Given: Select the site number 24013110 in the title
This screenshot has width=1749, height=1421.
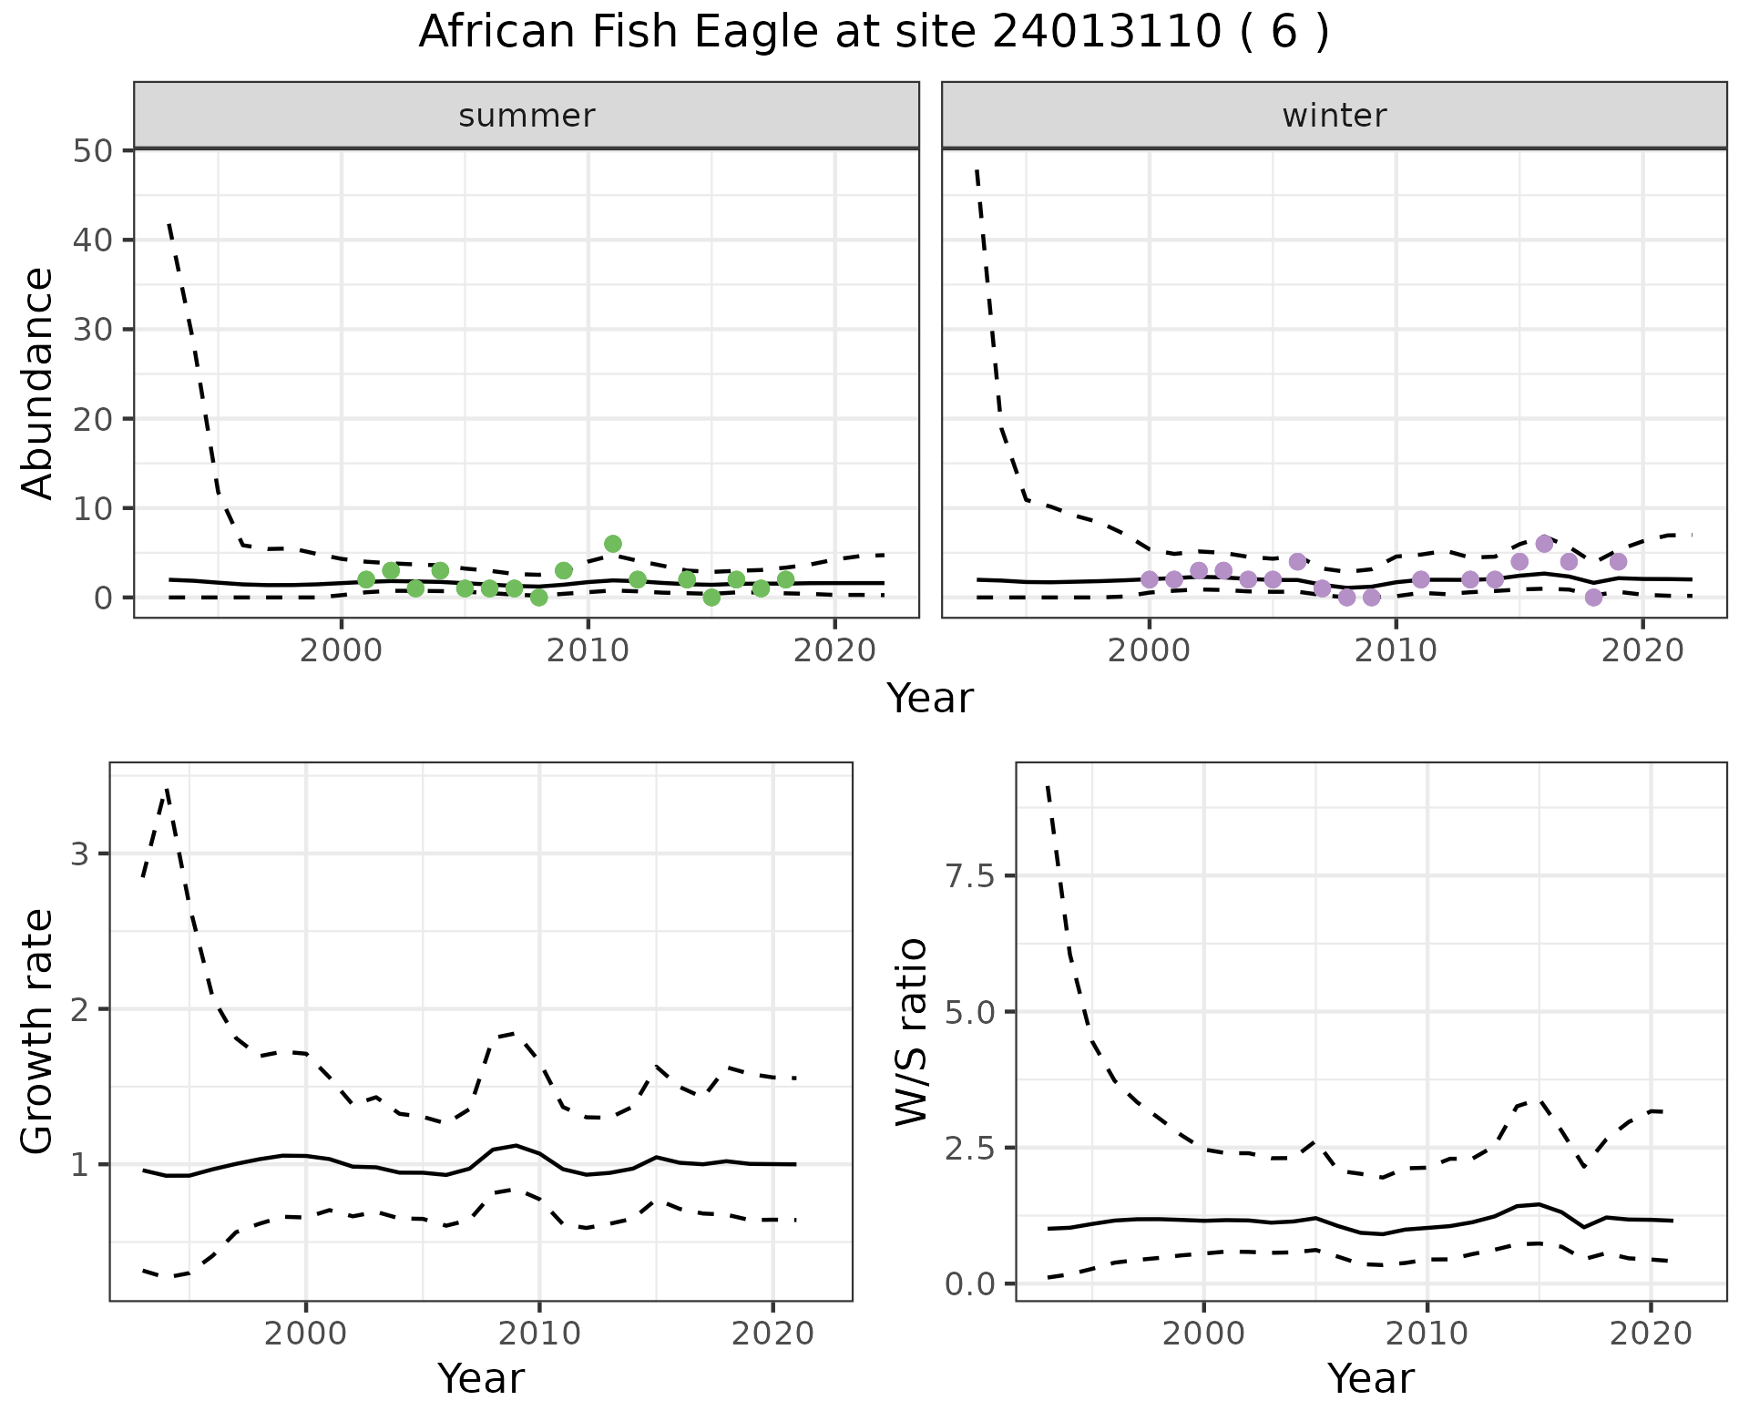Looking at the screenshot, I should (x=1105, y=33).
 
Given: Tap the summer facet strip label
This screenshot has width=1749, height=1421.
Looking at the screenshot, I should (x=527, y=116).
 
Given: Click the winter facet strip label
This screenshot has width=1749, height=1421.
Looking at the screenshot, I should (x=1334, y=116).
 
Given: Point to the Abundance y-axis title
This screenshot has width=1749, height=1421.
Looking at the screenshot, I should (x=38, y=383).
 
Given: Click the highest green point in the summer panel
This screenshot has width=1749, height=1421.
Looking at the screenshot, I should (x=613, y=544).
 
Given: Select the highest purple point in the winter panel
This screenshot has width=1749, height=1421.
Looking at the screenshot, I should (x=1544, y=544).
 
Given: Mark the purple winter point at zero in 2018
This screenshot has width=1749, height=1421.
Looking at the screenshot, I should (x=1593, y=598).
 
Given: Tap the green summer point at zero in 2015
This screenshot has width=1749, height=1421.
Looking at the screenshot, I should (x=711, y=598).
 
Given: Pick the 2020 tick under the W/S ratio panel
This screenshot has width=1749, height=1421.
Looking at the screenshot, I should (x=1651, y=1334).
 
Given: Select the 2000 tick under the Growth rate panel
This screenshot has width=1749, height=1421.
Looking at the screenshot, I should (x=306, y=1334).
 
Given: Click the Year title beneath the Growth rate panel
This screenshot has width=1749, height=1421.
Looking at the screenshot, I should (x=481, y=1379).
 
